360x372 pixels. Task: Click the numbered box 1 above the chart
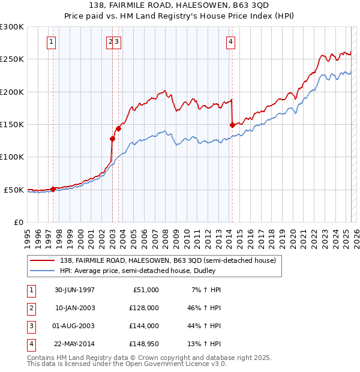(x=52, y=42)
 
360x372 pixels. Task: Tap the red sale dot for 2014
(x=232, y=125)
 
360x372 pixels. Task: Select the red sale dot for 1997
(x=53, y=189)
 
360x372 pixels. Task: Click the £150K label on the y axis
(x=11, y=124)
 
